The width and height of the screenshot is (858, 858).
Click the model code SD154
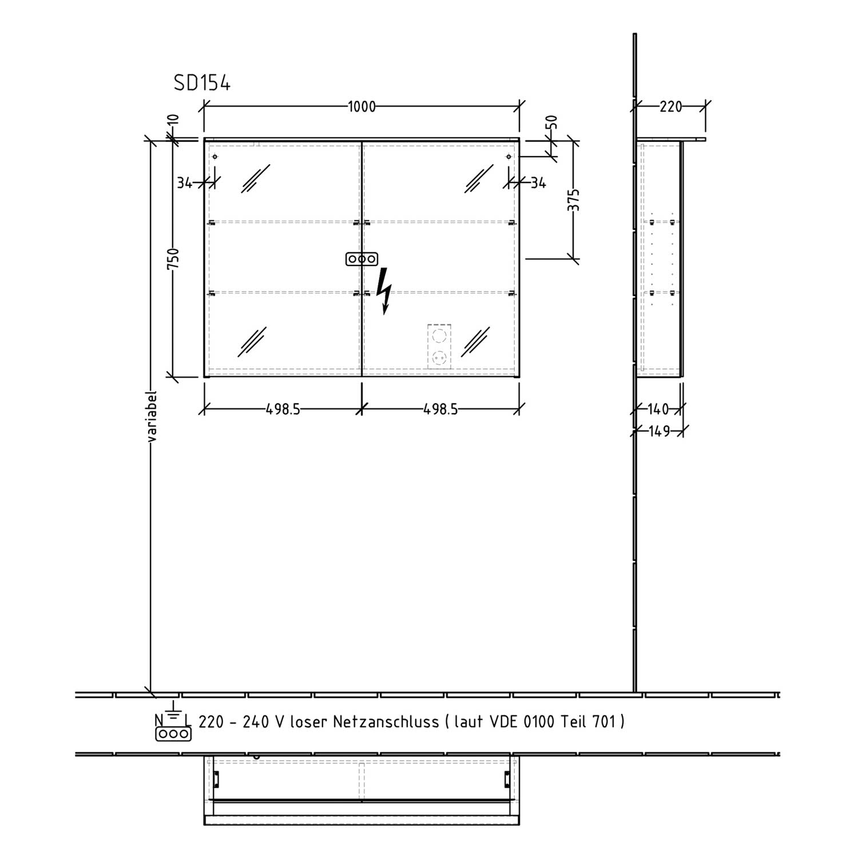202,84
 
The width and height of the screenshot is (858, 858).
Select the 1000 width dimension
362,107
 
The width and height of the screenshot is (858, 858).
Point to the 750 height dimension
174,259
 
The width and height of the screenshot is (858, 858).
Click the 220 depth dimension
671,107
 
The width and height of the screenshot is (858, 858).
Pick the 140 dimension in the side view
658,410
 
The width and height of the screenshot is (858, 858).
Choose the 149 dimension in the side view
660,431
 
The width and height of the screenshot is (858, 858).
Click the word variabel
152,417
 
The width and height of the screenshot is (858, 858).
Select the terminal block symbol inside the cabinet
362,259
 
